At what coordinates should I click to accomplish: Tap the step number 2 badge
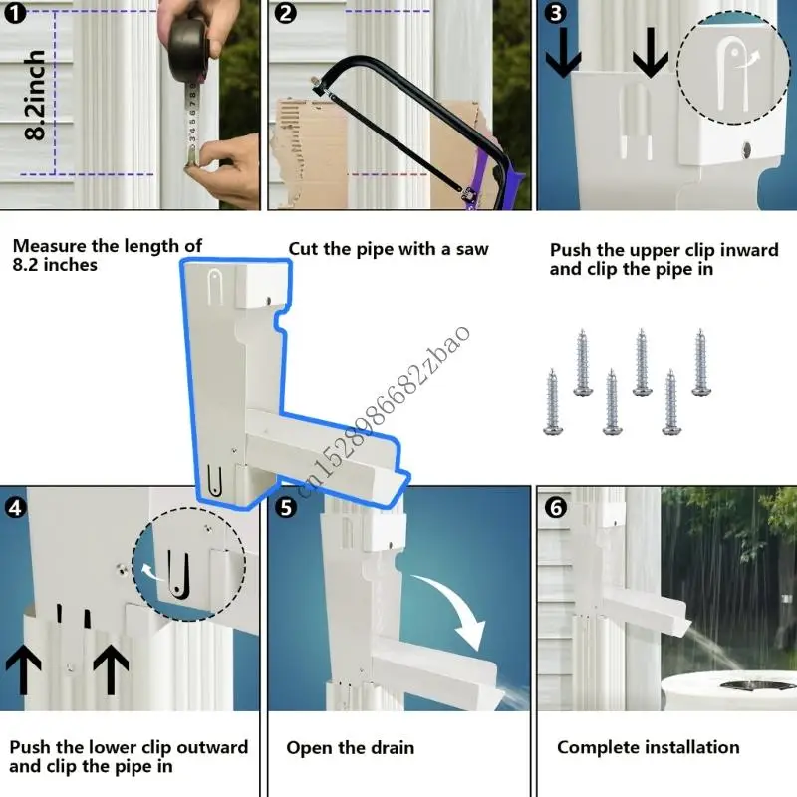(286, 15)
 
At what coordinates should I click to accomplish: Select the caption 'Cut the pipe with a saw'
(389, 249)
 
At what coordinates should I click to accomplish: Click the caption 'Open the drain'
(350, 747)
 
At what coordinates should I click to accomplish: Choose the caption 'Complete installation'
(648, 747)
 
